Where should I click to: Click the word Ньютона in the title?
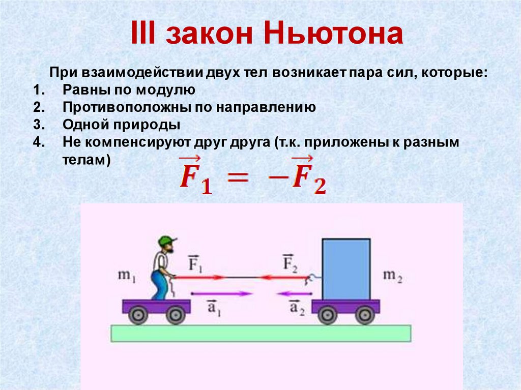334,33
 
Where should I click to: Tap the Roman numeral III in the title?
143,33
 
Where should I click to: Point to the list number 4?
39,142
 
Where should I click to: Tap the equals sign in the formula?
237,177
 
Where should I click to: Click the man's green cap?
167,241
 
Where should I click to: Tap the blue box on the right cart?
346,269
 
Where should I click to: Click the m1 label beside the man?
127,276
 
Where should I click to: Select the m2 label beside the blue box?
392,276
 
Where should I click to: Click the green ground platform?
261,333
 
